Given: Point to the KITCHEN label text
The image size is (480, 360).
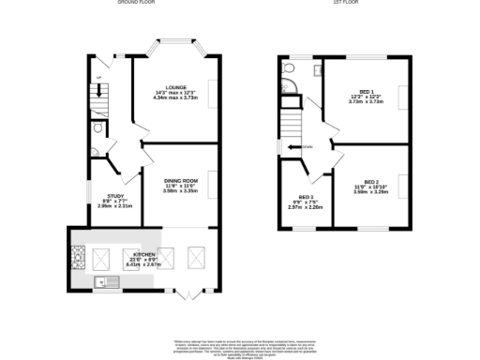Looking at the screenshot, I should coord(143,254).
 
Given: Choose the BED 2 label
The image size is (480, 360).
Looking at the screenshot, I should coord(371,182).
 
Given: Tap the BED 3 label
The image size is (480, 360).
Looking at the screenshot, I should coord(305,196).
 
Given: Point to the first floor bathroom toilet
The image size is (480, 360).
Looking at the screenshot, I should coord(290,68).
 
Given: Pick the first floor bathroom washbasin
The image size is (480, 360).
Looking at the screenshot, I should coord(318,70).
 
